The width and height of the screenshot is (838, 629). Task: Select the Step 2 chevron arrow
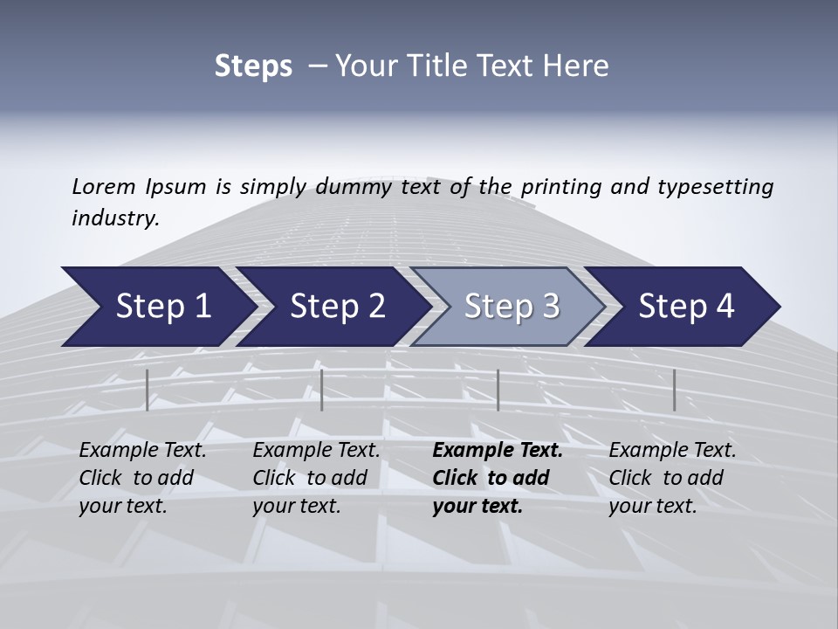(333, 307)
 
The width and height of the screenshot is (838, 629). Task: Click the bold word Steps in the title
(253, 66)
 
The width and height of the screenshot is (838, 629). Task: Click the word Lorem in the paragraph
(104, 186)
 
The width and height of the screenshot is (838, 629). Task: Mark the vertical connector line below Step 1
(148, 390)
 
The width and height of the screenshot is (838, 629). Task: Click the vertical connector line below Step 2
(322, 390)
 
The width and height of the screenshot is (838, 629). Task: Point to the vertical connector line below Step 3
(498, 390)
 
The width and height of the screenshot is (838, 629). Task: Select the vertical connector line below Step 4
(674, 390)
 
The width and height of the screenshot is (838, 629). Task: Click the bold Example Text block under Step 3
(497, 478)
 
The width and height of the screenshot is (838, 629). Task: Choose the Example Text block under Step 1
(142, 478)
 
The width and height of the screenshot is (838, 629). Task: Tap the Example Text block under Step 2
(316, 478)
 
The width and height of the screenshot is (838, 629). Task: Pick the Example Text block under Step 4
(672, 478)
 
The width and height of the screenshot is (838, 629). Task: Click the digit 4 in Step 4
(725, 307)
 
